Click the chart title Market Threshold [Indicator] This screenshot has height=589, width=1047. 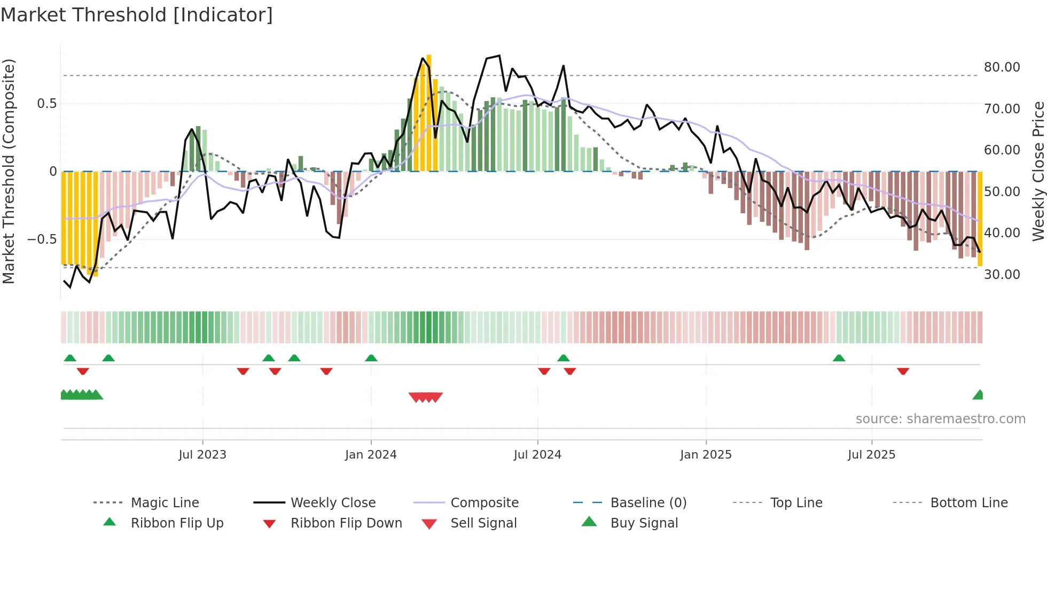137,15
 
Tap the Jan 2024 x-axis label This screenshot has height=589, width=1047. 371,455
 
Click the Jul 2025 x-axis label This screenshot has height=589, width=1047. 871,455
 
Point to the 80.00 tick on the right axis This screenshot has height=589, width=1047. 1002,67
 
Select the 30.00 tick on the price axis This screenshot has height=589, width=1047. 1002,274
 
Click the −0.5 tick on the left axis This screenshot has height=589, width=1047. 42,239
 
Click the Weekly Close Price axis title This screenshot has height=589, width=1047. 1038,171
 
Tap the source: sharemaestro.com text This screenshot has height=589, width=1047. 940,419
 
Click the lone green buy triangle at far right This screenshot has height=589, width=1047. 978,395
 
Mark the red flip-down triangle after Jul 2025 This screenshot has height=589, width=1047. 903,371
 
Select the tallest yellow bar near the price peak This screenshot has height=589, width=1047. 429,112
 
